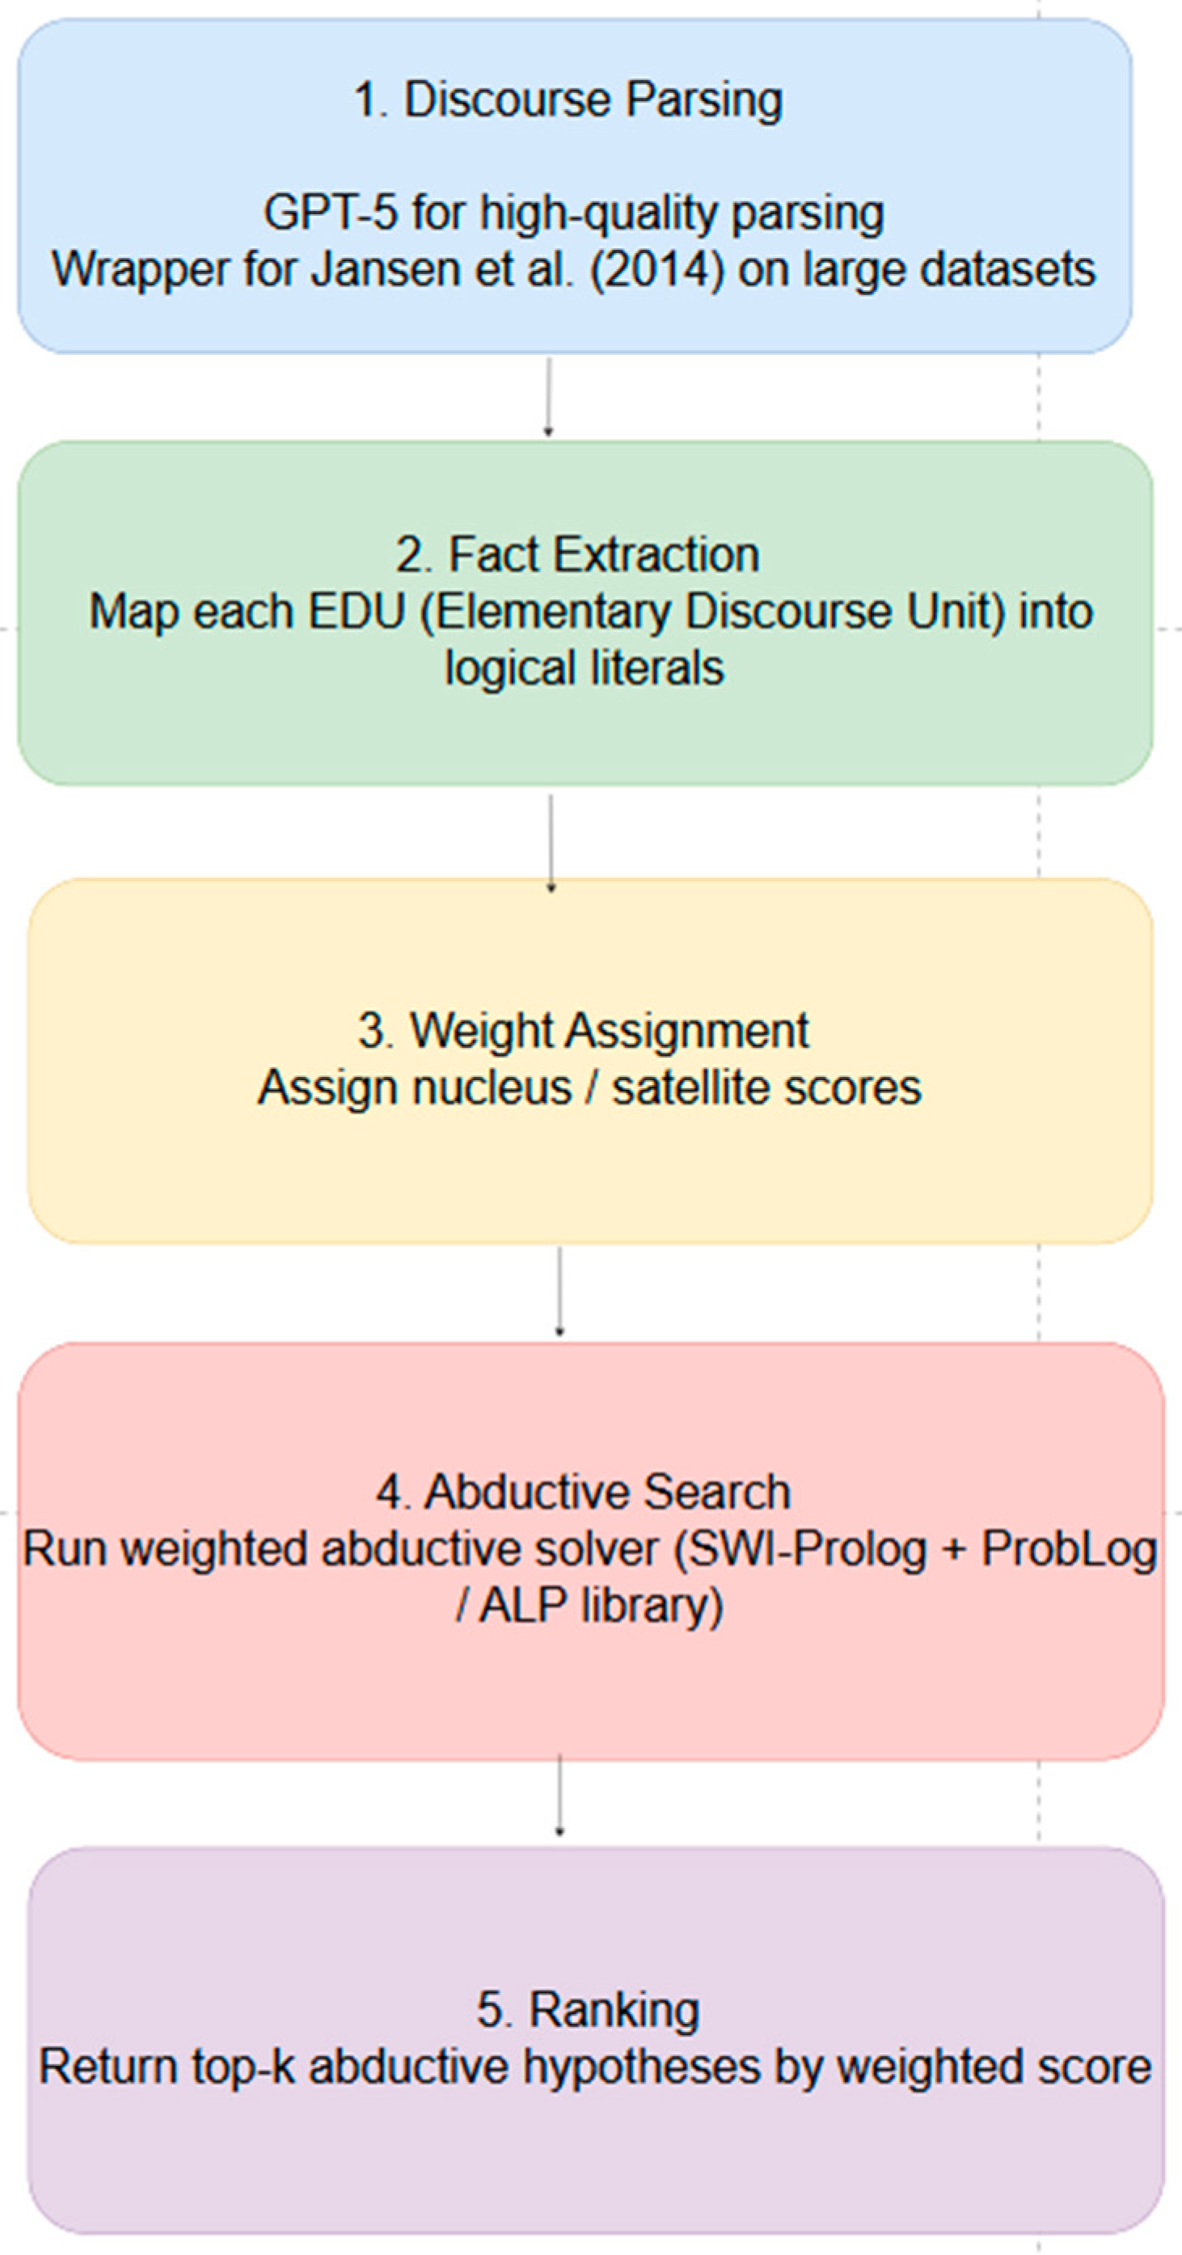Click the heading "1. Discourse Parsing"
click(x=568, y=99)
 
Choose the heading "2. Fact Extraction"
click(x=577, y=555)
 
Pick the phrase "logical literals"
click(x=584, y=668)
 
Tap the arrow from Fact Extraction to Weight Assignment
click(x=551, y=842)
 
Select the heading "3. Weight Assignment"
click(x=583, y=1030)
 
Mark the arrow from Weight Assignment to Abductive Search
click(x=559, y=1291)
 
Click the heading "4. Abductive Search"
click(x=583, y=1492)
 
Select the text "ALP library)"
click(x=601, y=1606)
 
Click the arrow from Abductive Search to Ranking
click(x=559, y=1795)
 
